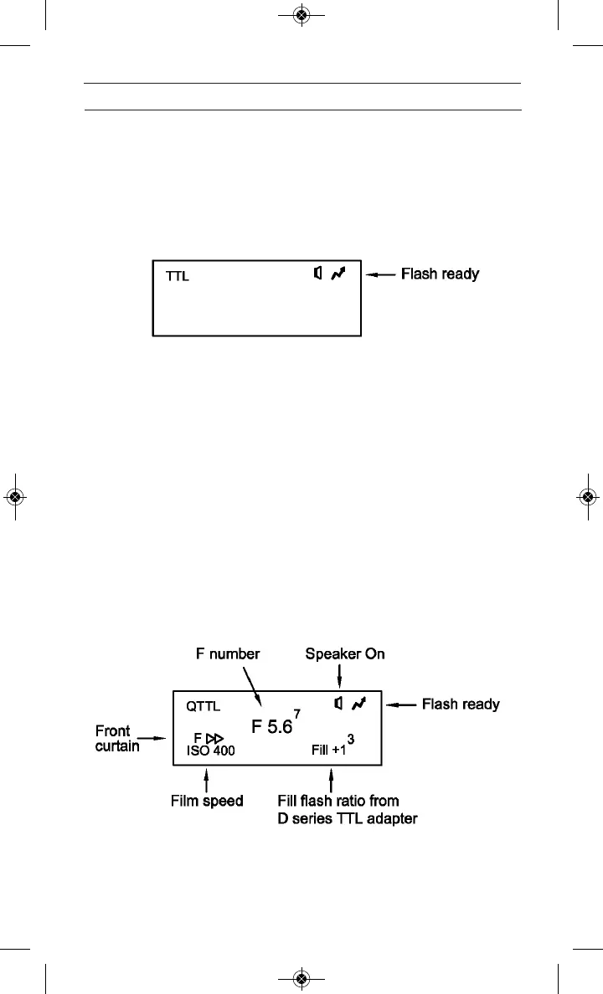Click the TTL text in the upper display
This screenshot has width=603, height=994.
(178, 276)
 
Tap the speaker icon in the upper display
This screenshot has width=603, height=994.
(317, 274)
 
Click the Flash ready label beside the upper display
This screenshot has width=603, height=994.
(440, 274)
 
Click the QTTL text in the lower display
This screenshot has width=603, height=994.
(204, 706)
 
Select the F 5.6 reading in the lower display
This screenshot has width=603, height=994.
(271, 726)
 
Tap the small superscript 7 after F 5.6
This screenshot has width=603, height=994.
(297, 713)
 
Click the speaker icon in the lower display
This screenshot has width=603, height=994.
(338, 705)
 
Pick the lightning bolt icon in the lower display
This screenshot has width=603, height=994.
(358, 705)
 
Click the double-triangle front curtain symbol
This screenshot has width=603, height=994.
(215, 738)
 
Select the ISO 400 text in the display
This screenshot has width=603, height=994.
(210, 751)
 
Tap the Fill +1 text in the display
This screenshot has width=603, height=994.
(328, 751)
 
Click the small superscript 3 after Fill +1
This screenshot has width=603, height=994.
(351, 739)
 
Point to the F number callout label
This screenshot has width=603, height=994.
(227, 654)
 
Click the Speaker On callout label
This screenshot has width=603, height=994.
(345, 654)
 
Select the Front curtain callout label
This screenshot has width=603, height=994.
(117, 738)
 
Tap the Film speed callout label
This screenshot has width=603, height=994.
(207, 801)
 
